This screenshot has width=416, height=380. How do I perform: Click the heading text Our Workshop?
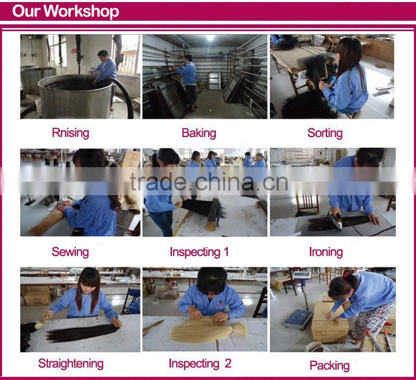tap(66, 11)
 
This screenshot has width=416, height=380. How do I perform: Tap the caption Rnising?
tap(71, 133)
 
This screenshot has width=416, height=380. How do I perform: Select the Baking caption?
tap(199, 133)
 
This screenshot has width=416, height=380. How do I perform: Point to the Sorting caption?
tap(325, 133)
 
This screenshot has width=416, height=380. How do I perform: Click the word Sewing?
tap(70, 252)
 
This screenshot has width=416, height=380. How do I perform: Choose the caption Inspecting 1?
tap(199, 252)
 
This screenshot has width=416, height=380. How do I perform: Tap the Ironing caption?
tap(326, 252)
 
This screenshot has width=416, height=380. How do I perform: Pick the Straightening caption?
tap(71, 364)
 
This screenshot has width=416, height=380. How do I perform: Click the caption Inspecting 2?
tap(200, 364)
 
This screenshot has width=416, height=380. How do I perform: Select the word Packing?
tap(330, 365)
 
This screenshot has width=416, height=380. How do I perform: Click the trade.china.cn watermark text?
tap(209, 182)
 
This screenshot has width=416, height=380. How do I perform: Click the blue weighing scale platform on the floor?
tap(298, 319)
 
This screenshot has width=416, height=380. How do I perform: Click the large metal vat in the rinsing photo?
tap(75, 97)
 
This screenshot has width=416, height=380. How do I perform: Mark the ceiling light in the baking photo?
tap(211, 38)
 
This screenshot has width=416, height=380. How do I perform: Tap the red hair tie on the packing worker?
tap(345, 275)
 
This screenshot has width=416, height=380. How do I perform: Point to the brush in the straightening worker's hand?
tap(41, 323)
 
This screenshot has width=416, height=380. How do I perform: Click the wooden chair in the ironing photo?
tap(307, 206)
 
